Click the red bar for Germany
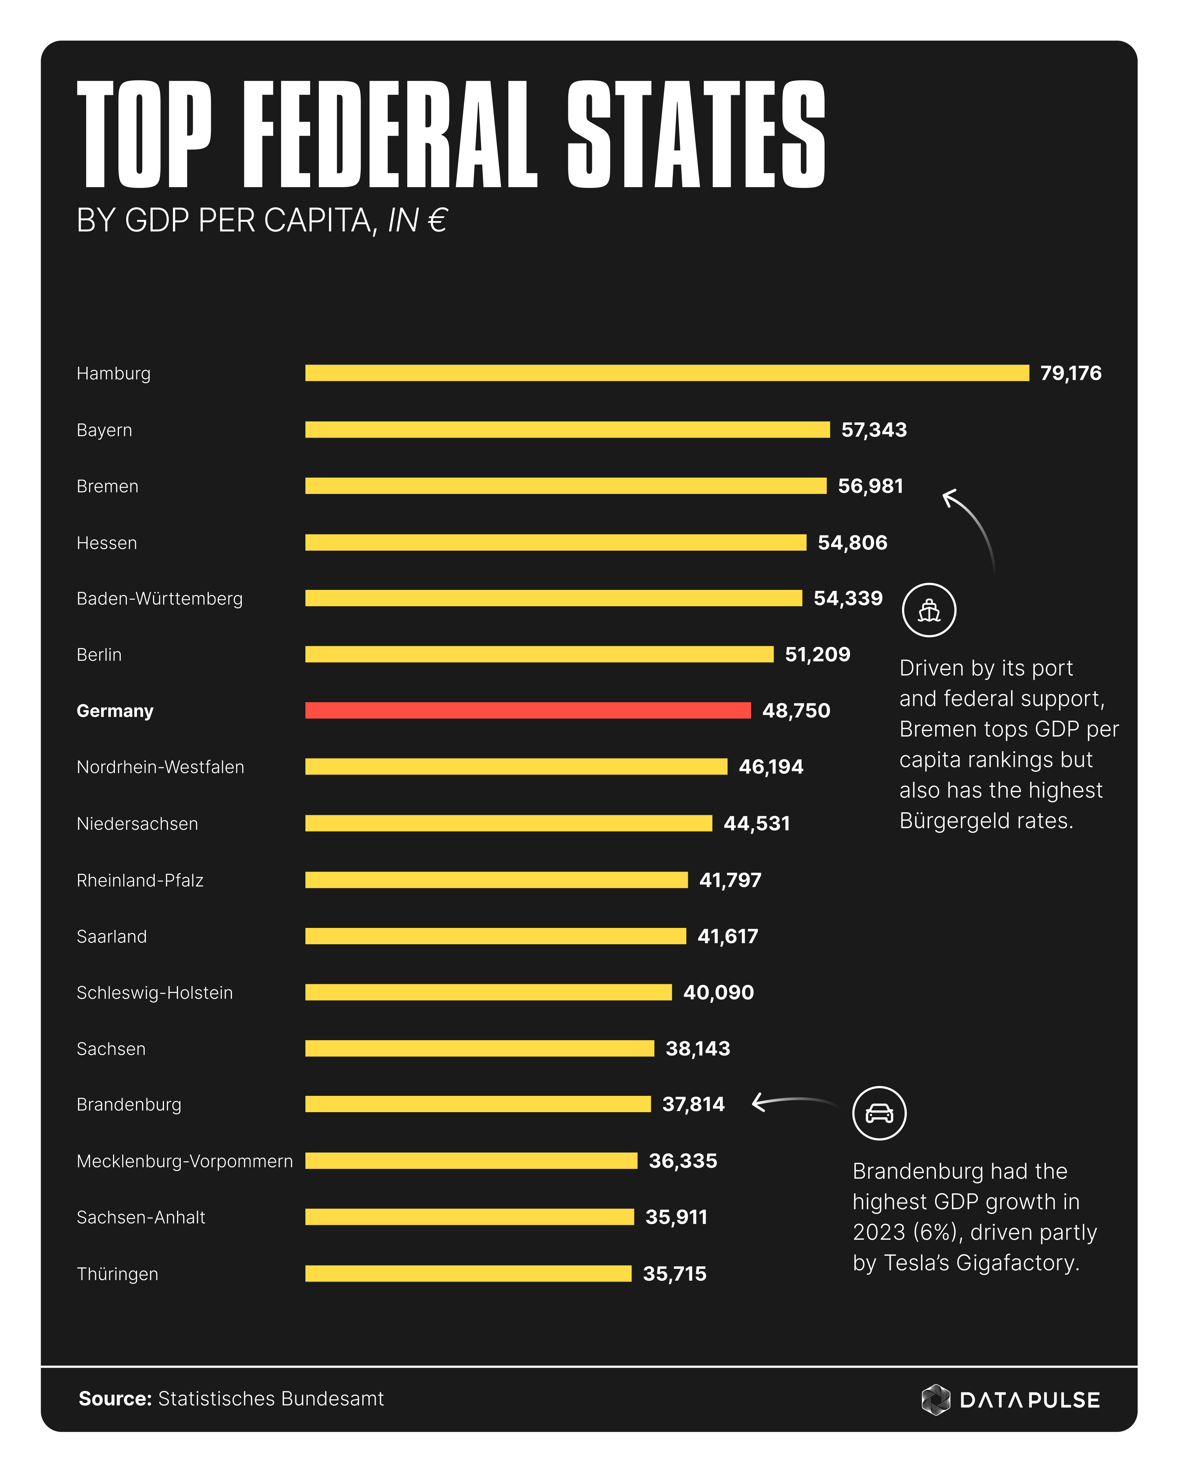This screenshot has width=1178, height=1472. (527, 710)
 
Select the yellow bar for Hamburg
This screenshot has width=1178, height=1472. (666, 373)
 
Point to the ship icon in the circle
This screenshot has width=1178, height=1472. (929, 610)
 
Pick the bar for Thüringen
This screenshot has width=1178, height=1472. (468, 1273)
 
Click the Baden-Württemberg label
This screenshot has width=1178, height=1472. (159, 599)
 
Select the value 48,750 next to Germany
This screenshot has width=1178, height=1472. (796, 711)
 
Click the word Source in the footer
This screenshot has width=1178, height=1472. (114, 1399)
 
